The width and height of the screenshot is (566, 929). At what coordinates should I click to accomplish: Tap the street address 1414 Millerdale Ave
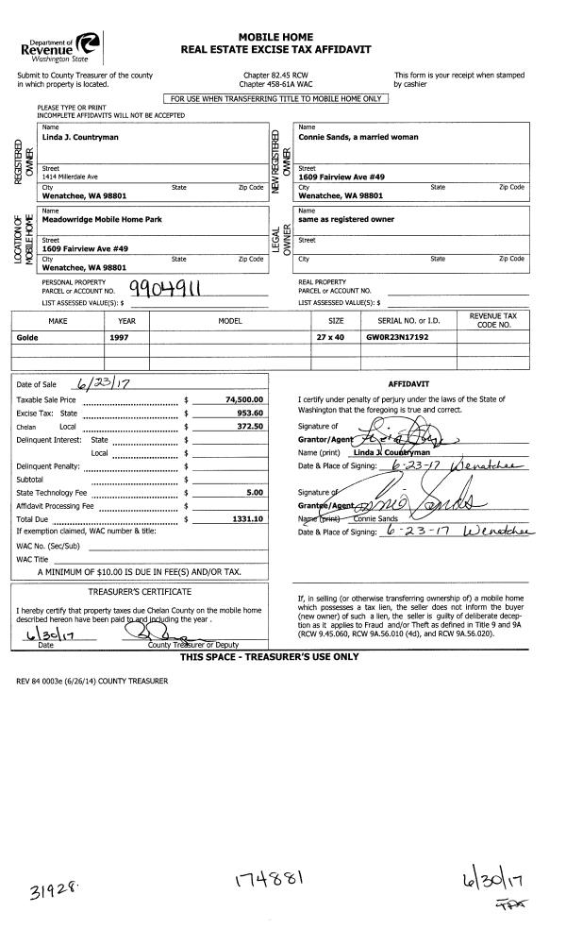point(70,177)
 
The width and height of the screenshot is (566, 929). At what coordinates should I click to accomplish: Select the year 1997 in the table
point(119,336)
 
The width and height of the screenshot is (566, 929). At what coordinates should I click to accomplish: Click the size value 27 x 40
point(330,336)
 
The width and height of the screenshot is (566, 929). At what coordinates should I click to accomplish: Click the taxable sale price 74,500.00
point(249,400)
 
